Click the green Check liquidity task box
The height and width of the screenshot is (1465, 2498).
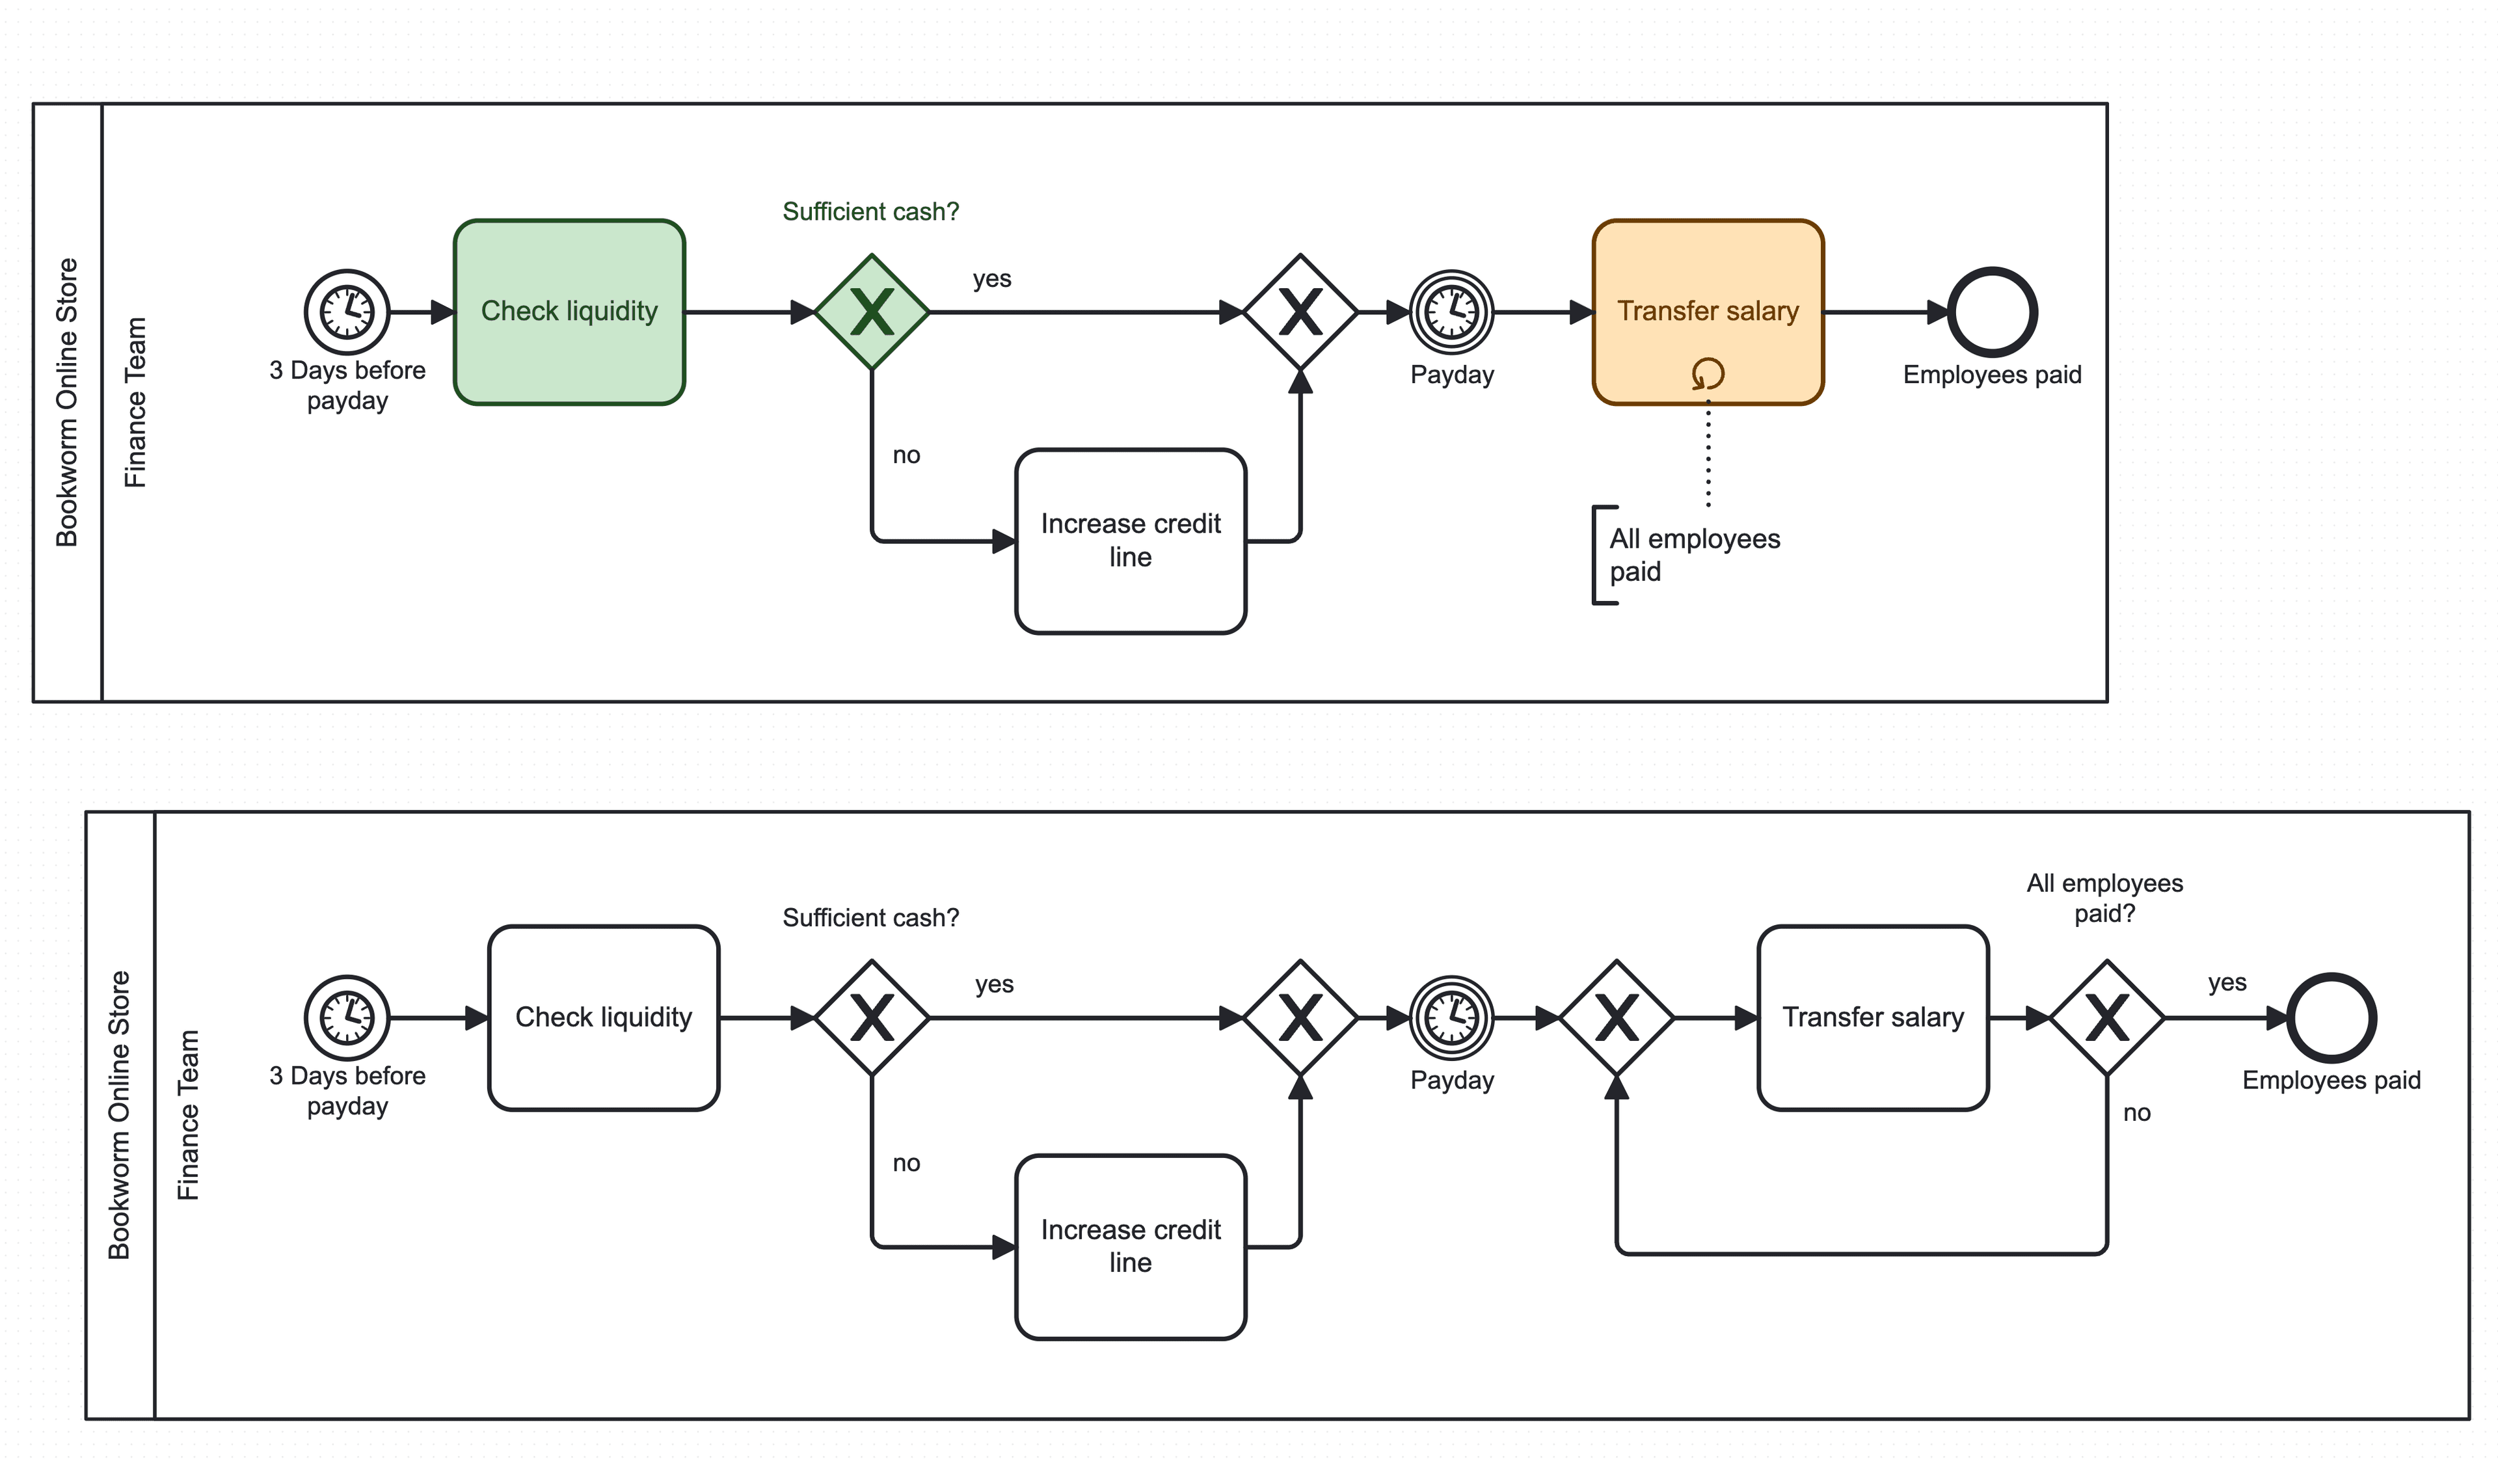click(x=569, y=311)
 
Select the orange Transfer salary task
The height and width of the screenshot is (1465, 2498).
click(x=1707, y=297)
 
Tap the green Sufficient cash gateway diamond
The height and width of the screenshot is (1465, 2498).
click(x=871, y=312)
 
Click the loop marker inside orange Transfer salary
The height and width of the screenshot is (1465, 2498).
click(x=1707, y=373)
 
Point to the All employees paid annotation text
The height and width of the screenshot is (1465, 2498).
click(x=1693, y=555)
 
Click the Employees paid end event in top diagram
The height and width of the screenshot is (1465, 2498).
click(x=1991, y=312)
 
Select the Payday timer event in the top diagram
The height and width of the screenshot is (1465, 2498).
click(x=1451, y=312)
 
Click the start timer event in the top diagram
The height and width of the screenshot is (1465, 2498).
click(x=347, y=312)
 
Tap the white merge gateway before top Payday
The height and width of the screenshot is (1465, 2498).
click(x=1300, y=312)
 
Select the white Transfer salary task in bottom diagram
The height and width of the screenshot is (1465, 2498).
click(x=1872, y=1018)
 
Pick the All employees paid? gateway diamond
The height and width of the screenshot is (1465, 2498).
click(x=2106, y=1018)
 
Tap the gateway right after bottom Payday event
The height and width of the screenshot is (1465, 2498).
click(x=1616, y=1018)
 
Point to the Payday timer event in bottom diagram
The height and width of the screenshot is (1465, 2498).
click(x=1451, y=1018)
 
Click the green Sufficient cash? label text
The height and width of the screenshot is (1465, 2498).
click(x=870, y=211)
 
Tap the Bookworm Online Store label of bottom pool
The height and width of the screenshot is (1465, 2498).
click(x=119, y=1115)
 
